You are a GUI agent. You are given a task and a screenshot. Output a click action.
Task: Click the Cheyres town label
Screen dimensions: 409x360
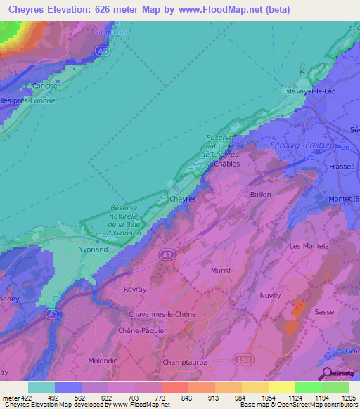(183, 199)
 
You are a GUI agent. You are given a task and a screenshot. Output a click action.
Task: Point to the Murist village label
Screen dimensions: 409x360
(221, 270)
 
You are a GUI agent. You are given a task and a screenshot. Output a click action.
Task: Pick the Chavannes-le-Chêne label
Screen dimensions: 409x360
(162, 313)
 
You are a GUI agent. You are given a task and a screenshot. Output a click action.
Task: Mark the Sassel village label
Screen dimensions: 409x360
(324, 311)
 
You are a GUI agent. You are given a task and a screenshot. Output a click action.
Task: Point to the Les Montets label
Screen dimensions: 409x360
(309, 246)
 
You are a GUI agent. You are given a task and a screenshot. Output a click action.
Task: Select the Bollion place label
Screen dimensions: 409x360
(260, 194)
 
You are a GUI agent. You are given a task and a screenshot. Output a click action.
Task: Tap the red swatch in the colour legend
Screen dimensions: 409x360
(174, 387)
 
